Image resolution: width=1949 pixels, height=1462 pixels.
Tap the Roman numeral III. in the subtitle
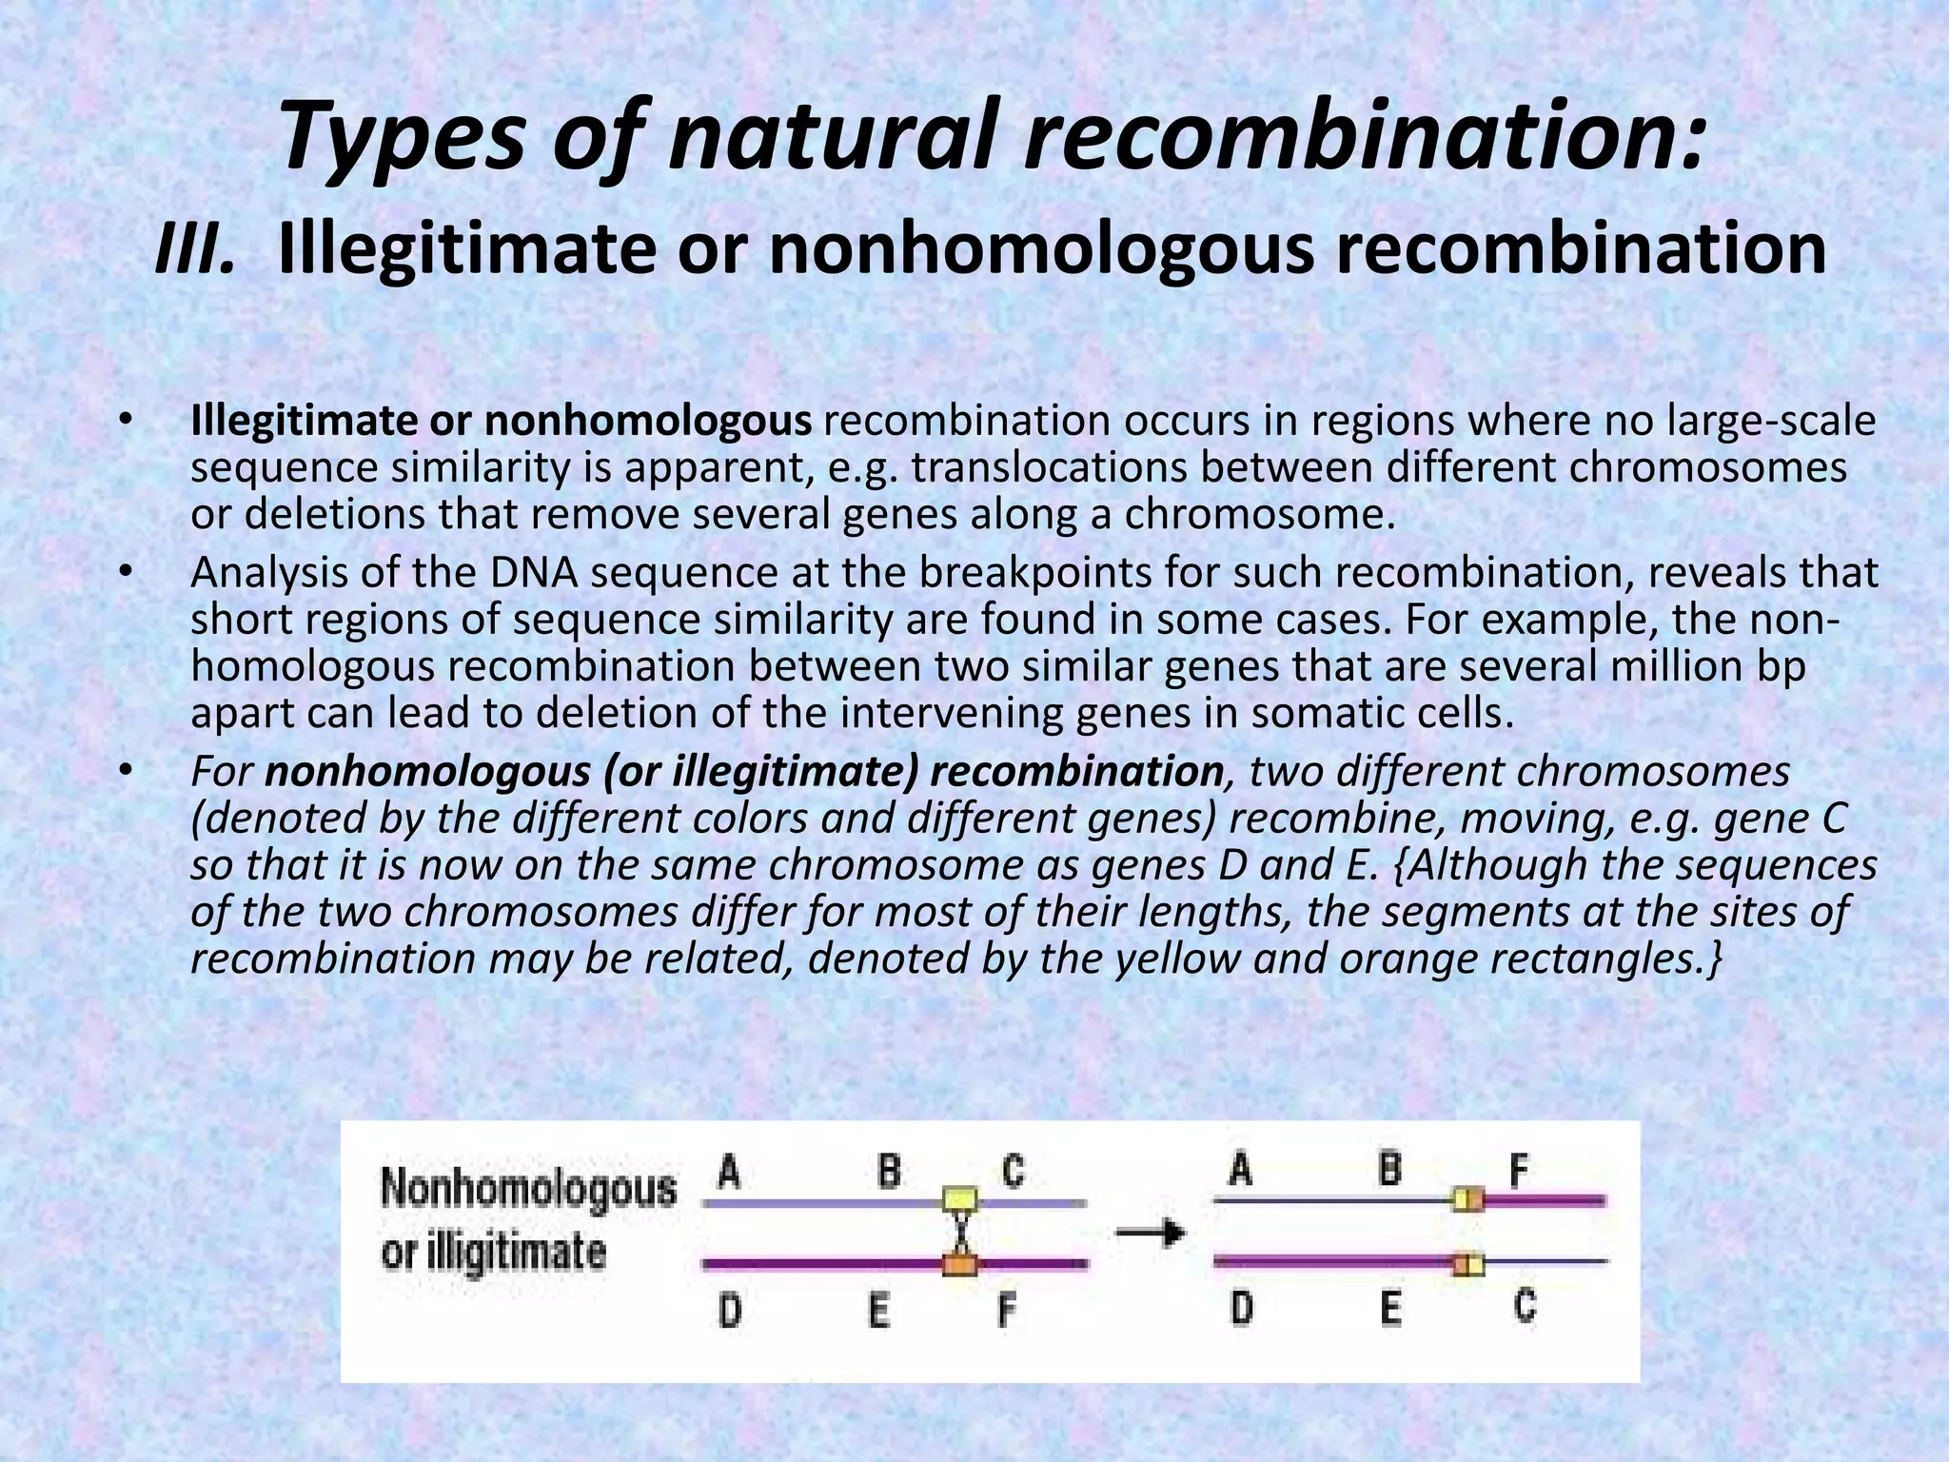coord(194,249)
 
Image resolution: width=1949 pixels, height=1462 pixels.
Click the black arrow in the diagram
coord(1151,1234)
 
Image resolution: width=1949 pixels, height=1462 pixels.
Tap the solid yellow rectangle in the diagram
coord(959,1199)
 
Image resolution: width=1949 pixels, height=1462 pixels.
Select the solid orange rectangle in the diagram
coord(959,1264)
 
